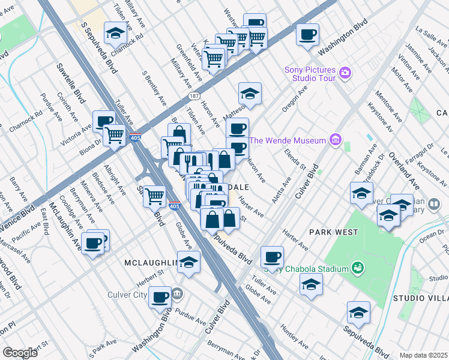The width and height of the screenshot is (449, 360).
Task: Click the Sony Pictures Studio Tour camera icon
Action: click(x=345, y=73)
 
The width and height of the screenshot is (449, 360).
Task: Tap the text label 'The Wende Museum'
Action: click(x=288, y=141)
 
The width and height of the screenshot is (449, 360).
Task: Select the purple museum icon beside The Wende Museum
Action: click(x=335, y=141)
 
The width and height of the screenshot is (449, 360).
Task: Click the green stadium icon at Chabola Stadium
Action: click(x=358, y=267)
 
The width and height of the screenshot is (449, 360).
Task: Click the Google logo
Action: click(x=20, y=352)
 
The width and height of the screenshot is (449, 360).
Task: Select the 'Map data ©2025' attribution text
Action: click(x=424, y=355)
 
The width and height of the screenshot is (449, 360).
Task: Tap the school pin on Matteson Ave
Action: click(x=250, y=94)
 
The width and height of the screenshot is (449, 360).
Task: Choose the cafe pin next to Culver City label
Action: click(x=160, y=296)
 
